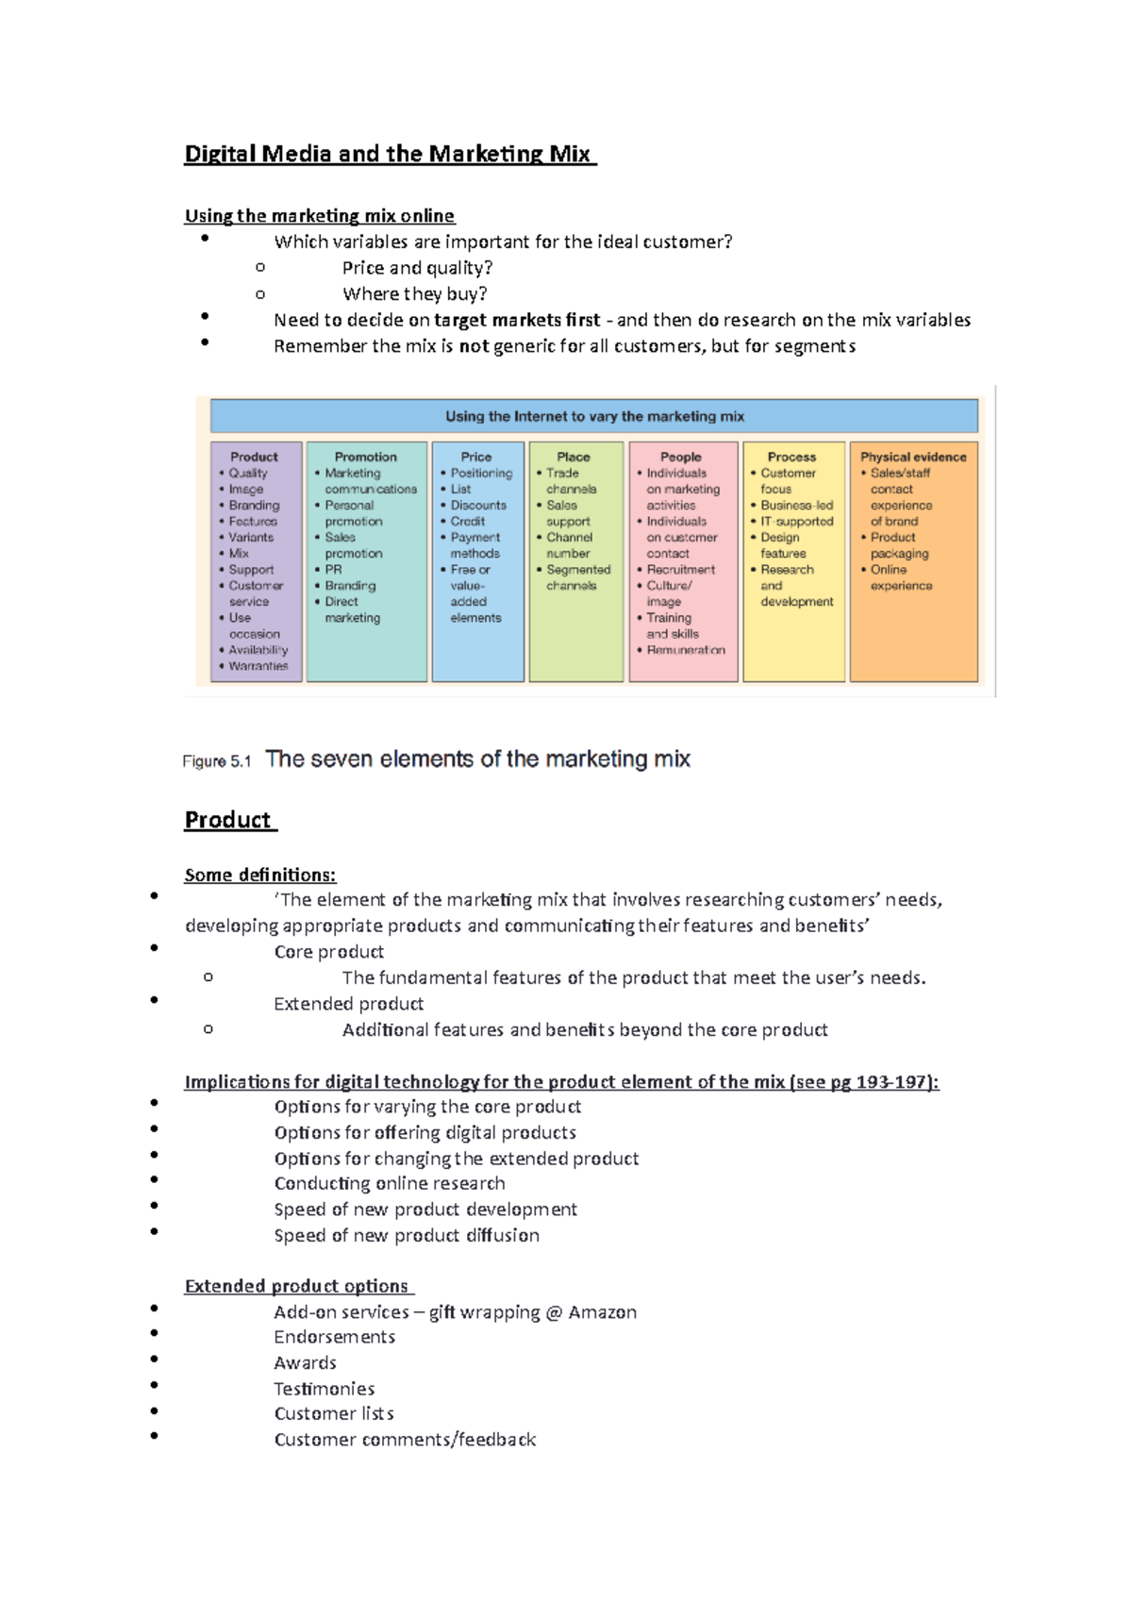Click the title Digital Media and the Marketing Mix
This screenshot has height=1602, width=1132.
pyautogui.click(x=389, y=154)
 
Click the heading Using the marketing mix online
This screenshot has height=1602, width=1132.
pyautogui.click(x=319, y=216)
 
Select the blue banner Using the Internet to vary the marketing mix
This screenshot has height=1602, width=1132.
pyautogui.click(x=594, y=416)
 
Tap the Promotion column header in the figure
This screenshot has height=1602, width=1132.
pyautogui.click(x=365, y=457)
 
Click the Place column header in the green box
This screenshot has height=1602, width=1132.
pyautogui.click(x=573, y=457)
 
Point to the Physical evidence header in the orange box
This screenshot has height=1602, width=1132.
pyautogui.click(x=912, y=457)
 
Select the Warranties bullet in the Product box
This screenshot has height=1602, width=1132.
pyautogui.click(x=258, y=666)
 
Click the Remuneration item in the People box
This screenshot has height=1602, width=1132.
pyautogui.click(x=685, y=650)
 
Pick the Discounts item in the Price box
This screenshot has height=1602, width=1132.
pyautogui.click(x=478, y=506)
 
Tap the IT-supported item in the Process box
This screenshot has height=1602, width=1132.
pyautogui.click(x=796, y=522)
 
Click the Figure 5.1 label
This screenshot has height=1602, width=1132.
pyautogui.click(x=217, y=761)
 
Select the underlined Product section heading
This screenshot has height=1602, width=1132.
pyautogui.click(x=228, y=820)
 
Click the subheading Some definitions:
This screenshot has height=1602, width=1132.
pyautogui.click(x=259, y=875)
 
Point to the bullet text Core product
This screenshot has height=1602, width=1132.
pyautogui.click(x=328, y=952)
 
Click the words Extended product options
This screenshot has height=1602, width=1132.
pyautogui.click(x=296, y=1286)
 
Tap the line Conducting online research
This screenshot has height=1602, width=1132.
pyautogui.click(x=389, y=1183)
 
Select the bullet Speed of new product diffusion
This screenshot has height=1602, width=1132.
pyautogui.click(x=407, y=1235)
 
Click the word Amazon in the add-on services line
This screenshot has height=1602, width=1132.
pyautogui.click(x=602, y=1312)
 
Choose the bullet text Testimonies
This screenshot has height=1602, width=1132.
pyautogui.click(x=324, y=1389)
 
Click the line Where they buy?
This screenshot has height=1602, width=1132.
pyautogui.click(x=414, y=294)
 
